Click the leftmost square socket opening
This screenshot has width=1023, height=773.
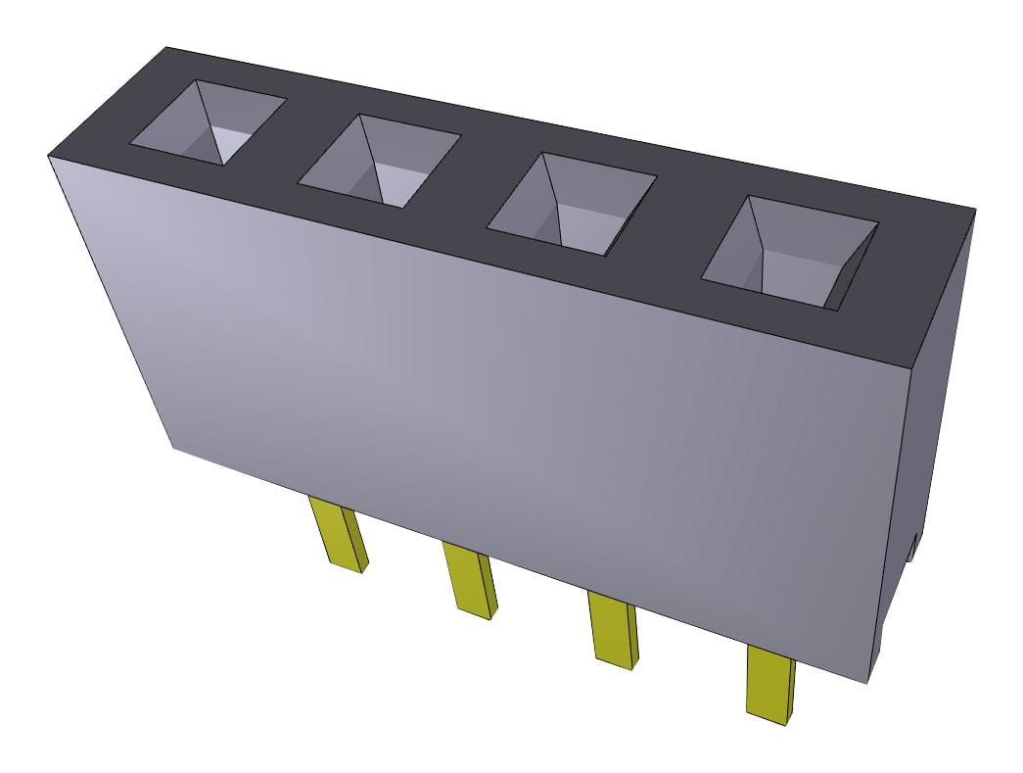coord(209,121)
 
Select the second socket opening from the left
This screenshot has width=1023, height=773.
coord(379,161)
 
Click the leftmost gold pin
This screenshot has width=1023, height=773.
coord(340,533)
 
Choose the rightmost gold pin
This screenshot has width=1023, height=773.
coord(770,683)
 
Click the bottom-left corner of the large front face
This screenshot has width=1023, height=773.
coord(173,449)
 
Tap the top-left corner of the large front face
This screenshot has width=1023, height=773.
coord(48,156)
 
